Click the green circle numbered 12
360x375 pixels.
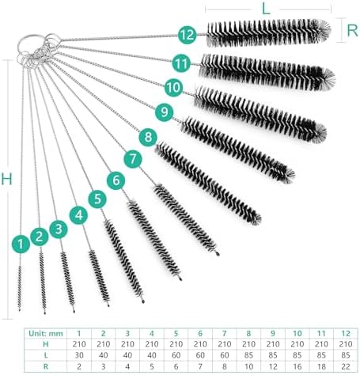pos(188,34)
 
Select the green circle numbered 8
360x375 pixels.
pos(149,137)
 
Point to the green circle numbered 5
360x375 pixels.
pos(97,198)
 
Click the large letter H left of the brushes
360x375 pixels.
pos(6,179)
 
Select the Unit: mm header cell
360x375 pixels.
pos(47,334)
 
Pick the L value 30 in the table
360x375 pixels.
pos(79,356)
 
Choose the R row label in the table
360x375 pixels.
pos(47,367)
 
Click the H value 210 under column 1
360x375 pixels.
pos(79,345)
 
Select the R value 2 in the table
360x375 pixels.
pos(79,367)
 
